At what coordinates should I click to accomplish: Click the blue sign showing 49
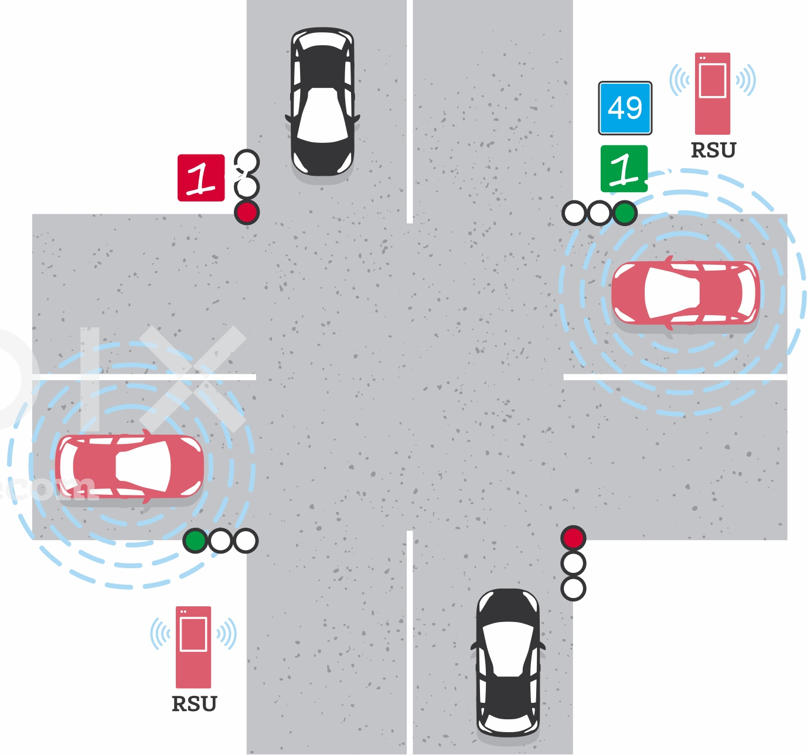pos(625,108)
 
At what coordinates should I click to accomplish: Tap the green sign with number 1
pos(624,169)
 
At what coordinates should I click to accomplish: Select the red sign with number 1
pos(201,177)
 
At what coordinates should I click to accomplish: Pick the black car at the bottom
pos(508,662)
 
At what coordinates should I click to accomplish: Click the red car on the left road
pos(130,466)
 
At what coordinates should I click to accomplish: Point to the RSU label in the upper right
pos(713,151)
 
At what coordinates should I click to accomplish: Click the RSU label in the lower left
pos(194,703)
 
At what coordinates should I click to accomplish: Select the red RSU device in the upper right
pos(713,94)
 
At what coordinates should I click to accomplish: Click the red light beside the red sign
pos(247,212)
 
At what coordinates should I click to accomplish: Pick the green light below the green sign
pos(625,213)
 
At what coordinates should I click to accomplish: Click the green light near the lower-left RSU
pos(195,541)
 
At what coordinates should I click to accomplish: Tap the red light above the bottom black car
pos(573,538)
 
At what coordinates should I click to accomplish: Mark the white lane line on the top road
pos(410,111)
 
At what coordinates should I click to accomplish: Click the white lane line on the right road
pos(674,377)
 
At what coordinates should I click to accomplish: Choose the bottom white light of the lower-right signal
pos(573,588)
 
